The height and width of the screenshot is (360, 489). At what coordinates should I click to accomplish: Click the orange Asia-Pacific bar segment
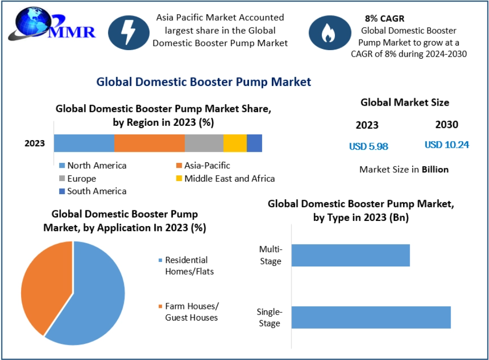coord(149,143)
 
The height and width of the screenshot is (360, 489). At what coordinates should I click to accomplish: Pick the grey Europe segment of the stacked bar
coord(204,143)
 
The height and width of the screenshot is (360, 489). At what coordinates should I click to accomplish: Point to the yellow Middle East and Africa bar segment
coord(234,143)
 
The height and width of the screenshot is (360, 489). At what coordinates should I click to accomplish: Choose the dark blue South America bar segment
coord(254,143)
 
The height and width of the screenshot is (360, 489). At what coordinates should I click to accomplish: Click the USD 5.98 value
coord(368,146)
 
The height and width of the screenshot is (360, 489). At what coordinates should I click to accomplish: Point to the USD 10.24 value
coord(447,145)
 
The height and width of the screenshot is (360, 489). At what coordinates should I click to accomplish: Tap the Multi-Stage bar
coord(350,255)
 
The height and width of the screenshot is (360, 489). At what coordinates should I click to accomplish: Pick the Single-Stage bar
coord(370,317)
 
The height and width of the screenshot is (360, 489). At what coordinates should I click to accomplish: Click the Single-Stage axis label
coord(269,318)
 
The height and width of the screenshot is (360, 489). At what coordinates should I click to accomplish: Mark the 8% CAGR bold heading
coord(384,19)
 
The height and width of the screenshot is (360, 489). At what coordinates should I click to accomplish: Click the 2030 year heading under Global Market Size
coord(447,124)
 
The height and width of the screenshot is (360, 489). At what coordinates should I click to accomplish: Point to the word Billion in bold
coord(435,169)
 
